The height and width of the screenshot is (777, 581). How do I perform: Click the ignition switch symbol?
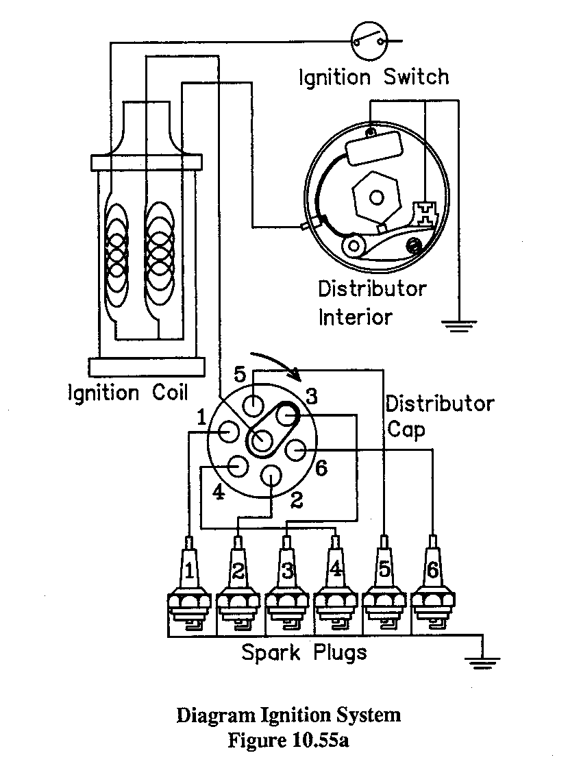tap(368, 40)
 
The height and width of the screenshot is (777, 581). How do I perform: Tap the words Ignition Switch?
tap(374, 78)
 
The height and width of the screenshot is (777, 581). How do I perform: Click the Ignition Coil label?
tap(128, 393)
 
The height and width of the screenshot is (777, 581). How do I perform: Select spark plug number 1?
tap(189, 584)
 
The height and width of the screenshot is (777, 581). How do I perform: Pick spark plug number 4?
tap(335, 584)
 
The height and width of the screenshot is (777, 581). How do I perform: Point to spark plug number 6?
tap(433, 584)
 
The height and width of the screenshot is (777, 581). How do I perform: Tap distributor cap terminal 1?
tap(229, 432)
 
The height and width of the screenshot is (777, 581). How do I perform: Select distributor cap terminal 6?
tap(296, 450)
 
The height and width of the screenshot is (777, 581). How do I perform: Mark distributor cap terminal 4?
tap(237, 466)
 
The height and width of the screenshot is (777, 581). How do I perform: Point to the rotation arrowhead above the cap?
tap(296, 375)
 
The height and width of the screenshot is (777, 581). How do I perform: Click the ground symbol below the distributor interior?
tap(458, 326)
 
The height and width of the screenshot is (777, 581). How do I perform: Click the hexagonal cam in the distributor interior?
tap(376, 197)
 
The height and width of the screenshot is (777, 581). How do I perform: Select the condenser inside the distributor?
tap(374, 149)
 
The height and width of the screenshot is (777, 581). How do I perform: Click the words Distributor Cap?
tap(440, 417)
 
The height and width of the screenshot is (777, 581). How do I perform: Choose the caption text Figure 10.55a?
tap(288, 741)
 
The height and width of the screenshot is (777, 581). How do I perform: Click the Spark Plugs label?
tap(304, 653)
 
